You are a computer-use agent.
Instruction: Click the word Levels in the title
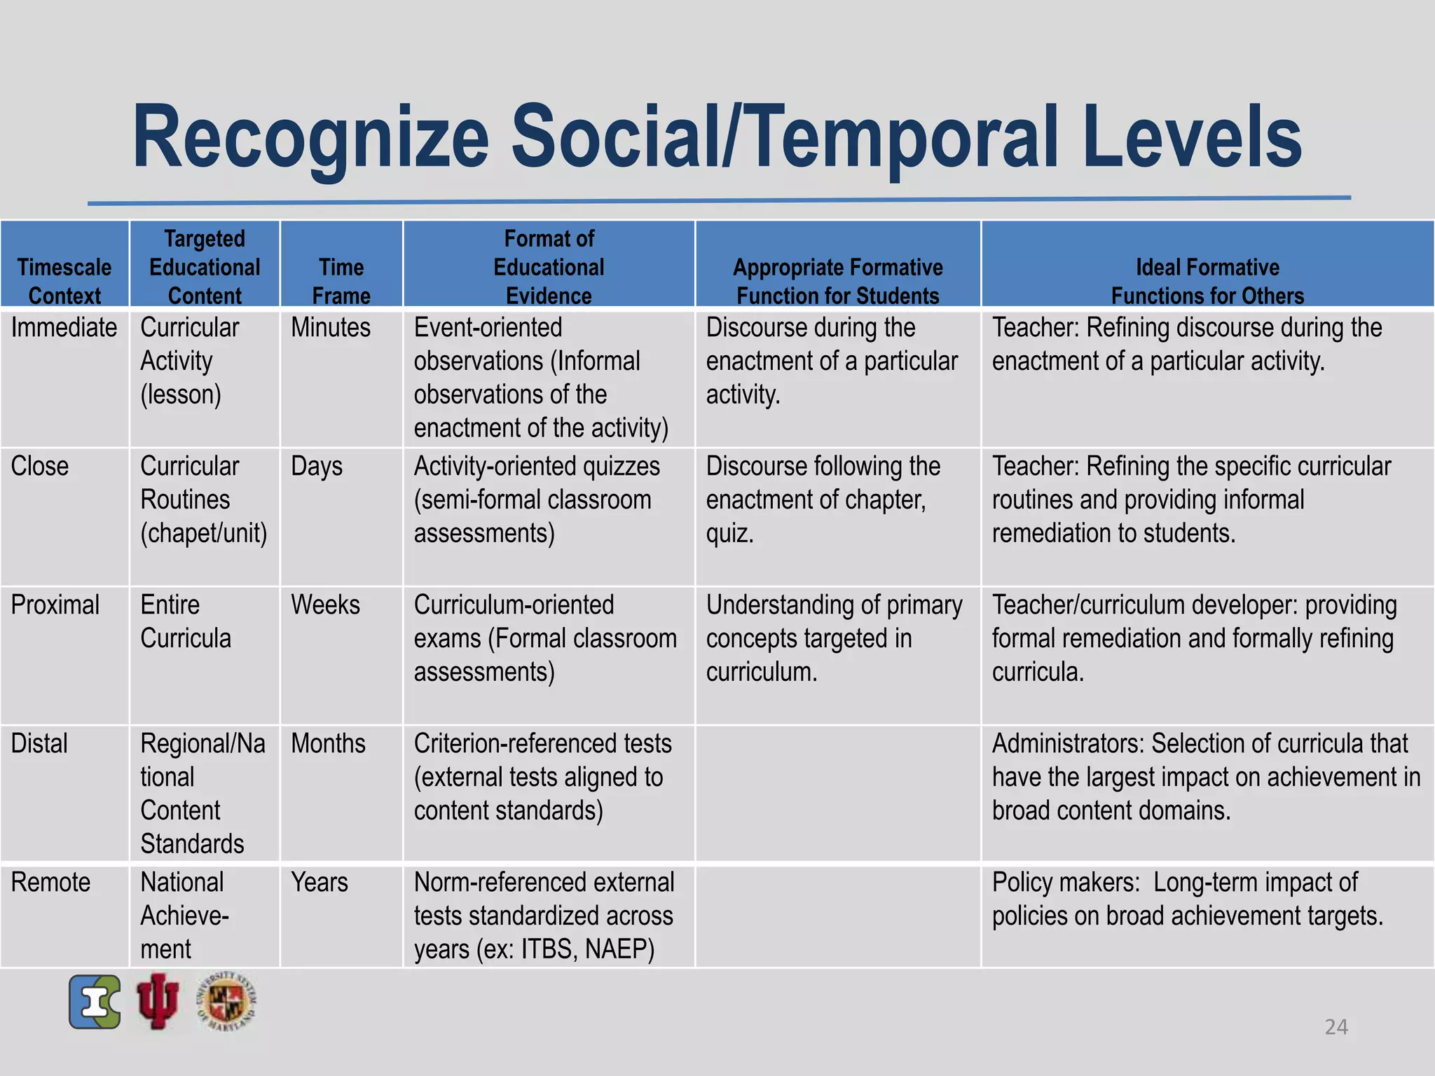tap(1191, 137)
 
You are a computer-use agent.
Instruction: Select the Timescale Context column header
tap(64, 281)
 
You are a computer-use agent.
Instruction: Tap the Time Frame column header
tap(341, 281)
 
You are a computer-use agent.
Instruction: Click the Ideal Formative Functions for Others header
tap(1207, 281)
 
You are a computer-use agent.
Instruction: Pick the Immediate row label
tap(64, 328)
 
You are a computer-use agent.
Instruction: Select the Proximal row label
tap(55, 605)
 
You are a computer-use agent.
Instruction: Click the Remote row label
tap(50, 883)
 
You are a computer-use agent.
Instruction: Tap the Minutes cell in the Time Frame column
tap(331, 328)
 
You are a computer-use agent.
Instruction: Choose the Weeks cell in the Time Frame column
tap(325, 605)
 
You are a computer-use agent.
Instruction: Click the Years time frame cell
tap(320, 883)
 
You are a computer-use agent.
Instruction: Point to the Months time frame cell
tap(328, 744)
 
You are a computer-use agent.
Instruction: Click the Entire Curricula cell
tap(186, 622)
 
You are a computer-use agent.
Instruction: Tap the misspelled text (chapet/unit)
tap(204, 534)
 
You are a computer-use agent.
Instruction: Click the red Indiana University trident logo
tap(158, 1001)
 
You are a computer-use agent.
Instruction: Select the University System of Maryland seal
tap(226, 1001)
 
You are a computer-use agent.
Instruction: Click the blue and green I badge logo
tap(95, 1002)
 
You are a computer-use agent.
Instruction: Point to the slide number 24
tap(1336, 1027)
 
